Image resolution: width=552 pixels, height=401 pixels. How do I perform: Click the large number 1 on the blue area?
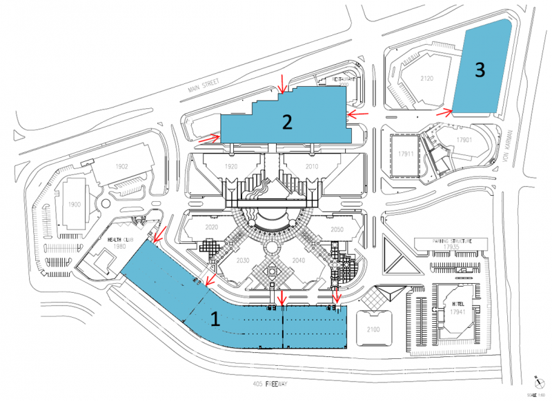(x=215, y=319)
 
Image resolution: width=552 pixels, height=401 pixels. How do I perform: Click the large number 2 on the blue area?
(x=288, y=122)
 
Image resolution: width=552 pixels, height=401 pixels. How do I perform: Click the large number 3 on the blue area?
(x=479, y=69)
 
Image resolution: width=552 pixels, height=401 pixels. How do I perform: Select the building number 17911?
(x=404, y=154)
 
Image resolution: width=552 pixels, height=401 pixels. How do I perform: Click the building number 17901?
(x=464, y=141)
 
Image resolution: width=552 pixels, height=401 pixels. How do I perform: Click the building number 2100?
(x=373, y=330)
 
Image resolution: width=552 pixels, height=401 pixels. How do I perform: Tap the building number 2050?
(x=337, y=229)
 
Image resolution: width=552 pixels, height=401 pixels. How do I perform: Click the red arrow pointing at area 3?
(x=444, y=110)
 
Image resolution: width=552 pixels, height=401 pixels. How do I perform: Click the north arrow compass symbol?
(x=536, y=380)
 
